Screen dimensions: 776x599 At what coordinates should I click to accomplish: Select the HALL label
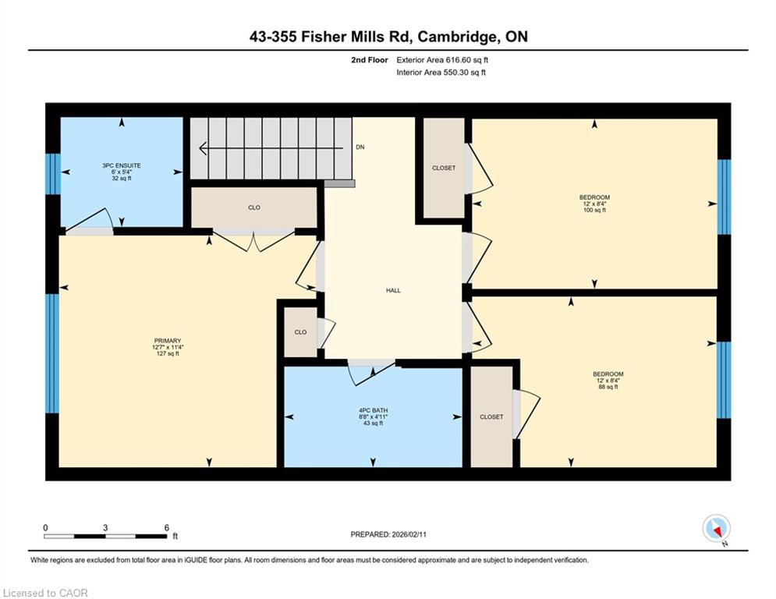tap(393, 291)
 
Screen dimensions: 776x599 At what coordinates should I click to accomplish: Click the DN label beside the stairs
tap(360, 147)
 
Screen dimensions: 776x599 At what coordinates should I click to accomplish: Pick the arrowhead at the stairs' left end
tap(203, 148)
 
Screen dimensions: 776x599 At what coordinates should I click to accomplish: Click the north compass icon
tap(717, 529)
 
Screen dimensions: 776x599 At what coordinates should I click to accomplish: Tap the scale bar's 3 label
tap(105, 528)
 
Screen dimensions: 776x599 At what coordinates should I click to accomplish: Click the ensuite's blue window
tap(53, 174)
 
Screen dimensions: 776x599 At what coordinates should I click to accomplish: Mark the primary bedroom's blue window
tap(52, 353)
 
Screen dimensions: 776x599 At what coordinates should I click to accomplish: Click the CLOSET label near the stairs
tap(444, 168)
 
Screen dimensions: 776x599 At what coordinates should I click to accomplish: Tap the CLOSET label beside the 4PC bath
tap(491, 416)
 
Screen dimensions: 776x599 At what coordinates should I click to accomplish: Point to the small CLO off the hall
tap(300, 332)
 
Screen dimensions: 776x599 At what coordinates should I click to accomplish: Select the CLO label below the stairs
tap(254, 207)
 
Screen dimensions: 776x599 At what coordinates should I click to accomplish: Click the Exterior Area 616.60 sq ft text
tap(442, 60)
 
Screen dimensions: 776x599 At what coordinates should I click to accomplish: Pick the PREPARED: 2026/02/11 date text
tap(388, 534)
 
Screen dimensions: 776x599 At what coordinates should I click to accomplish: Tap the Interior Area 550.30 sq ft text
tap(441, 73)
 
